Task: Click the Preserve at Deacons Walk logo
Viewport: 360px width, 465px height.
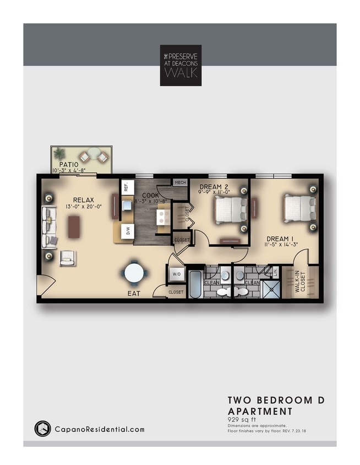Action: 181,65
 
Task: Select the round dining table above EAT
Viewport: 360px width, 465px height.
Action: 135,273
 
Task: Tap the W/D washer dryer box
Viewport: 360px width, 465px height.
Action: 177,274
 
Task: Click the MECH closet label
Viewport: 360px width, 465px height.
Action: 179,182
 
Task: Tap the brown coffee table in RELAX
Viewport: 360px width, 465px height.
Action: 73,226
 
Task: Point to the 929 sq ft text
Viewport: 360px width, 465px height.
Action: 243,419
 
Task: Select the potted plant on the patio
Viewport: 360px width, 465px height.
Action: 59,154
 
